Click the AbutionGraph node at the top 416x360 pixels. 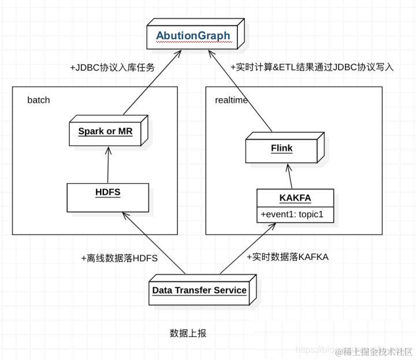(x=193, y=36)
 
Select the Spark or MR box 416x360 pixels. (x=106, y=131)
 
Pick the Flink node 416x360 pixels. (x=281, y=148)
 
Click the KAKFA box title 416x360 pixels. (x=295, y=198)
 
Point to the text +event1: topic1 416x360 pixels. (x=291, y=214)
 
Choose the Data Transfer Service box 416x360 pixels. (x=199, y=290)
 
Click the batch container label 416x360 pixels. (x=39, y=100)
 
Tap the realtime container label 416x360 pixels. (x=231, y=100)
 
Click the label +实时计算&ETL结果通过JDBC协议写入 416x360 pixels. (x=312, y=67)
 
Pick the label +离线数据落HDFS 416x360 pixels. (x=120, y=258)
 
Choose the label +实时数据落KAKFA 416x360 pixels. (x=287, y=257)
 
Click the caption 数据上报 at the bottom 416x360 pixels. (x=188, y=333)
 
